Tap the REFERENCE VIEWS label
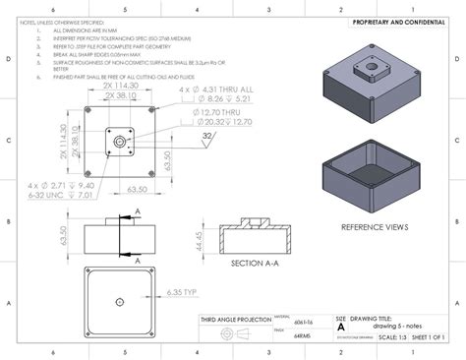tap(375, 227)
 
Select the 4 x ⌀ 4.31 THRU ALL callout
tap(215, 90)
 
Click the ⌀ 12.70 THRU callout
tap(210, 113)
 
